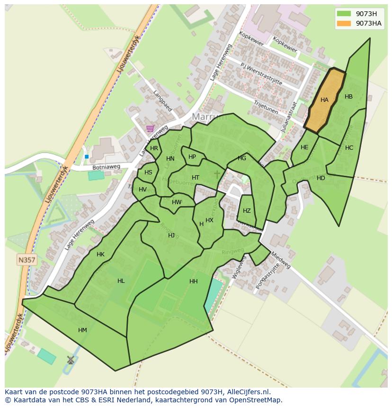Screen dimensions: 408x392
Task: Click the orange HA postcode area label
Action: [x=324, y=100]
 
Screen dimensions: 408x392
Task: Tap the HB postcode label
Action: [x=348, y=97]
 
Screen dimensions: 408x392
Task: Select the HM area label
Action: [x=82, y=330]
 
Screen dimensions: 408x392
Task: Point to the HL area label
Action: [x=121, y=281]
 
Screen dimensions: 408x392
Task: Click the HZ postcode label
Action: [x=247, y=211]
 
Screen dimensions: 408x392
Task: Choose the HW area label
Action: [x=177, y=202]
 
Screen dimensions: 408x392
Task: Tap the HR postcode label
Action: [x=154, y=148]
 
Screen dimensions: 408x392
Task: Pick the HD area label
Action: [x=321, y=178]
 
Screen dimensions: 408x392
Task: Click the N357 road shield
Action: [x=27, y=260]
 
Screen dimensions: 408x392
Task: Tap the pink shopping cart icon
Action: [x=150, y=128]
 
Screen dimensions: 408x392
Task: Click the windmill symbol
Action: [x=71, y=360]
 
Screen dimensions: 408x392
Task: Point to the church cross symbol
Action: [x=217, y=174]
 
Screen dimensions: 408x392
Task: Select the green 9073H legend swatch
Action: [x=344, y=13]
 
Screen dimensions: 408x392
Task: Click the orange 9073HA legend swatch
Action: [x=344, y=23]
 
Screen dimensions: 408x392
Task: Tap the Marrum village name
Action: [x=209, y=117]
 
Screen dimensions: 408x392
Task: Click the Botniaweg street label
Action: [x=106, y=167]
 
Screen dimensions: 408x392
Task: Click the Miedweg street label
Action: [x=280, y=260]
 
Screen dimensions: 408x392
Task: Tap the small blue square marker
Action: [x=87, y=156]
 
